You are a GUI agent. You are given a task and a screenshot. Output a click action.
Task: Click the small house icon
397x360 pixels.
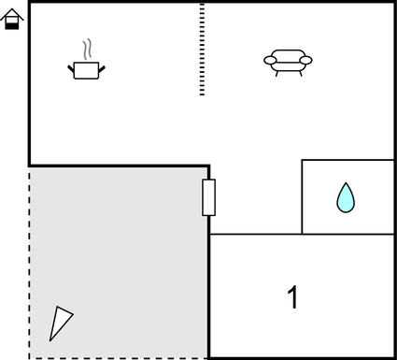tap(12, 20)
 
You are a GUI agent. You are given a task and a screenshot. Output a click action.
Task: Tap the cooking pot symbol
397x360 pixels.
tap(87, 69)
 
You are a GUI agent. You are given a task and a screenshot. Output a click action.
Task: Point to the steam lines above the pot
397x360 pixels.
tap(87, 49)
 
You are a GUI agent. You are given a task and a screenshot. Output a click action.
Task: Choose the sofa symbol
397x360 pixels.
tap(288, 62)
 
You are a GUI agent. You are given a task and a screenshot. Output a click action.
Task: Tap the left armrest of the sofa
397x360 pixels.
tap(270, 61)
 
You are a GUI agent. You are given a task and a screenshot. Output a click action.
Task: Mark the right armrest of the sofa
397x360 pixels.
tap(305, 61)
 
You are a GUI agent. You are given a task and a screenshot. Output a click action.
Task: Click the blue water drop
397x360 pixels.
tap(346, 197)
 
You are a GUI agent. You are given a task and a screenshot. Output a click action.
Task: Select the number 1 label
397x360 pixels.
tap(292, 298)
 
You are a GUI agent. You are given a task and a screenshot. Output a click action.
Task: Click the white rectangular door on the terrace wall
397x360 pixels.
tap(209, 197)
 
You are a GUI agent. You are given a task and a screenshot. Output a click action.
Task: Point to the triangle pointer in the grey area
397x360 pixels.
tap(61, 323)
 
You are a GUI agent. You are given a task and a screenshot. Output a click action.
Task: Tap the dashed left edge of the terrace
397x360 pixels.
tap(29, 262)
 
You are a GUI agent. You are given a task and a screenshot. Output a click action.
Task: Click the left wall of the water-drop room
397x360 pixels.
tap(302, 196)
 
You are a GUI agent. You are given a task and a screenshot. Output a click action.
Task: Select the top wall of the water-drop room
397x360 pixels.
tap(347, 160)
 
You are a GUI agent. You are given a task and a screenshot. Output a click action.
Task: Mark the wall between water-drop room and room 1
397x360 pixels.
tap(347, 234)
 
